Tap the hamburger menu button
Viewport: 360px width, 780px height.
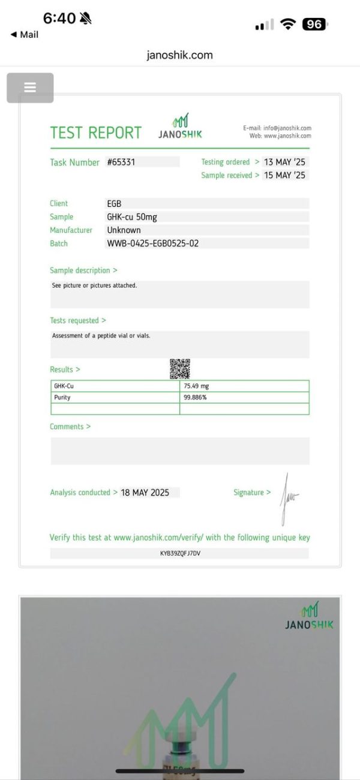tap(30, 88)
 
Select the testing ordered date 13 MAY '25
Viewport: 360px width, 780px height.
tap(284, 162)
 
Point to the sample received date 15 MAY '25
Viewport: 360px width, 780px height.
tap(284, 175)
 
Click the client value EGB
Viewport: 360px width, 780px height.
tap(114, 204)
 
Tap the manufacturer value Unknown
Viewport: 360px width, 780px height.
tap(124, 230)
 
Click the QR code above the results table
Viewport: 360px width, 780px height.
tap(180, 368)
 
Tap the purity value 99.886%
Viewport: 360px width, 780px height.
tap(196, 398)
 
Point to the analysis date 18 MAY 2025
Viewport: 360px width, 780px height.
tap(145, 493)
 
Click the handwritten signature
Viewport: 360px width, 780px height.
tap(287, 497)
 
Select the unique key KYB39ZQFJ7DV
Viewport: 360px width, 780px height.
tap(180, 553)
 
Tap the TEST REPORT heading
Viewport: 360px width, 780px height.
tap(96, 133)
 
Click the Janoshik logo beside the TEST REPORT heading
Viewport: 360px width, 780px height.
tap(181, 126)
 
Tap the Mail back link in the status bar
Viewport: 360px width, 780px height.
tap(25, 35)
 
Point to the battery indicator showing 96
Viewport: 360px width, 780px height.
tap(314, 25)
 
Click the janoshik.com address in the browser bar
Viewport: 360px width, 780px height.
tap(180, 55)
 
